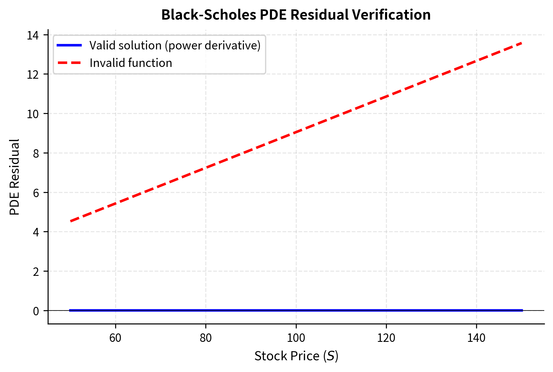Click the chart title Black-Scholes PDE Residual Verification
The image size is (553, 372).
click(x=296, y=15)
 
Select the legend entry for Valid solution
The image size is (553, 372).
click(x=175, y=46)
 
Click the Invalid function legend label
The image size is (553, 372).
click(x=131, y=63)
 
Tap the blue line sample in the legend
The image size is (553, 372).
click(x=69, y=46)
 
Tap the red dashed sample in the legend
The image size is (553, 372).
click(x=69, y=63)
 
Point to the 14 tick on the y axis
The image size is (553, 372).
click(x=33, y=36)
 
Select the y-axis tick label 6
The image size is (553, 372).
click(x=36, y=193)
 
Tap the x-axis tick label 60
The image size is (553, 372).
click(x=115, y=338)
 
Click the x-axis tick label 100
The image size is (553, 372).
click(x=296, y=338)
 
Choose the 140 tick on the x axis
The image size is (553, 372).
click(x=476, y=338)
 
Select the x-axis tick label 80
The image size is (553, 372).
click(x=206, y=338)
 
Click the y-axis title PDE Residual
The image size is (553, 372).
click(x=14, y=177)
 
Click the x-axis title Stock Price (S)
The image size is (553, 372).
click(x=296, y=356)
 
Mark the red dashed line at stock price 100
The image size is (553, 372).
click(x=296, y=132)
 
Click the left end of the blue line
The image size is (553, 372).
click(x=70, y=310)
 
